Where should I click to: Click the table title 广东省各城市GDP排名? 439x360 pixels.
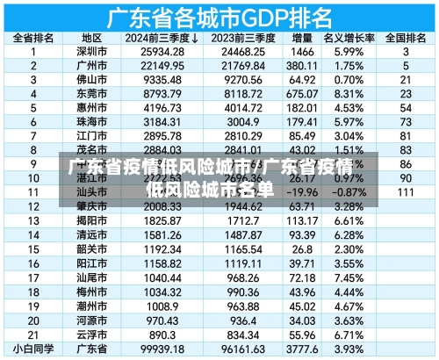[219, 16]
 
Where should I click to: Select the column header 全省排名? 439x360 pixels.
[33, 39]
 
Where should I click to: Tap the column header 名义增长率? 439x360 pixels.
[350, 39]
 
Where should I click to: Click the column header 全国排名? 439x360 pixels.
[406, 39]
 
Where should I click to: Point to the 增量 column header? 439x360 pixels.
[302, 39]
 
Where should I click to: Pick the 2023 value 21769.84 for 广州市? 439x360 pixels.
[239, 66]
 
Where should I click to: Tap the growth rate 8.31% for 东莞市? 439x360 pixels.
[350, 94]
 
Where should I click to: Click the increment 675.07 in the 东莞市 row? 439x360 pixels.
[302, 94]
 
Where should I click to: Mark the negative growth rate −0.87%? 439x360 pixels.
[350, 191]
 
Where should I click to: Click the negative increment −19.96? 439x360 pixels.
[302, 191]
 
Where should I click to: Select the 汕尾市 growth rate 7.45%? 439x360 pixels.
[350, 277]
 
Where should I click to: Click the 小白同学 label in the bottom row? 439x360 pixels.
[33, 349]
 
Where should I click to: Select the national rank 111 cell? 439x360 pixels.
[406, 191]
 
